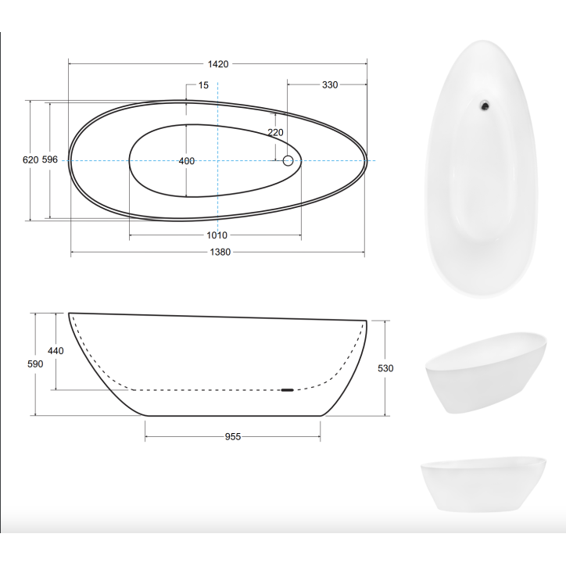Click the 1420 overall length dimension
pyautogui.click(x=218, y=64)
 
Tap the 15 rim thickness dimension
pyautogui.click(x=203, y=85)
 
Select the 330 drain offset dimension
pyautogui.click(x=330, y=85)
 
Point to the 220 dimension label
pyautogui.click(x=275, y=132)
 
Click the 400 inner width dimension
pyautogui.click(x=187, y=161)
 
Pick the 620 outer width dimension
pyautogui.click(x=30, y=159)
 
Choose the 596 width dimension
pyautogui.click(x=50, y=159)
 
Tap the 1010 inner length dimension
pyautogui.click(x=217, y=235)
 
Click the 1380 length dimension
pyautogui.click(x=220, y=252)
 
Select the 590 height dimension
pyautogui.click(x=35, y=364)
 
